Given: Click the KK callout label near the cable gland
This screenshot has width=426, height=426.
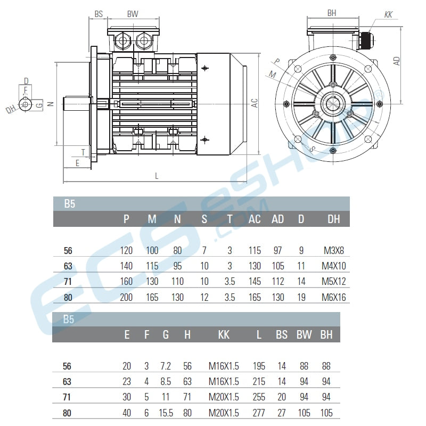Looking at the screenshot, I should [x=388, y=14].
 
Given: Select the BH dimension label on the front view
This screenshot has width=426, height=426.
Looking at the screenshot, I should [x=332, y=13].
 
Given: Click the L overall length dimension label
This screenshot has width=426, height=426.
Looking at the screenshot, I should [x=157, y=175].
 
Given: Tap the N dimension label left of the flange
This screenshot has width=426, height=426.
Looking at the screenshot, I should [x=50, y=104].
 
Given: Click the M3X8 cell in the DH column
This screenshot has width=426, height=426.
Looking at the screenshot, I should [x=334, y=250].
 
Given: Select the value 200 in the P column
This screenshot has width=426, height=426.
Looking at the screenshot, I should [x=126, y=297].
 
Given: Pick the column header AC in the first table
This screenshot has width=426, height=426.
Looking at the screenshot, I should [x=255, y=219].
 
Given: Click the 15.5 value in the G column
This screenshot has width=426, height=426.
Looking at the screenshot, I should [x=166, y=413].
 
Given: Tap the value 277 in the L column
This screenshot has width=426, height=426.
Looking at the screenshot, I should [x=259, y=413].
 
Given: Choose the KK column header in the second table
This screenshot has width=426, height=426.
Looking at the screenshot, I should [x=224, y=334].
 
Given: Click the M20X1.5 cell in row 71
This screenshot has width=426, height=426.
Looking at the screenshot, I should [x=224, y=397].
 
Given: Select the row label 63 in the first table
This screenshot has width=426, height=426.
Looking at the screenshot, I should [x=68, y=266].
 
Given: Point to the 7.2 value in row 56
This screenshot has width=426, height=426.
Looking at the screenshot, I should [x=166, y=366].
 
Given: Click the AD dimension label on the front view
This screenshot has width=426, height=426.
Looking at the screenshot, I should [x=397, y=60].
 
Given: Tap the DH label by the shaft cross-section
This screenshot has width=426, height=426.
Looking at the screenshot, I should [x=10, y=110].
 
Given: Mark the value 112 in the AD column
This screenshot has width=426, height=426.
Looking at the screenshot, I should [x=278, y=282].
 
